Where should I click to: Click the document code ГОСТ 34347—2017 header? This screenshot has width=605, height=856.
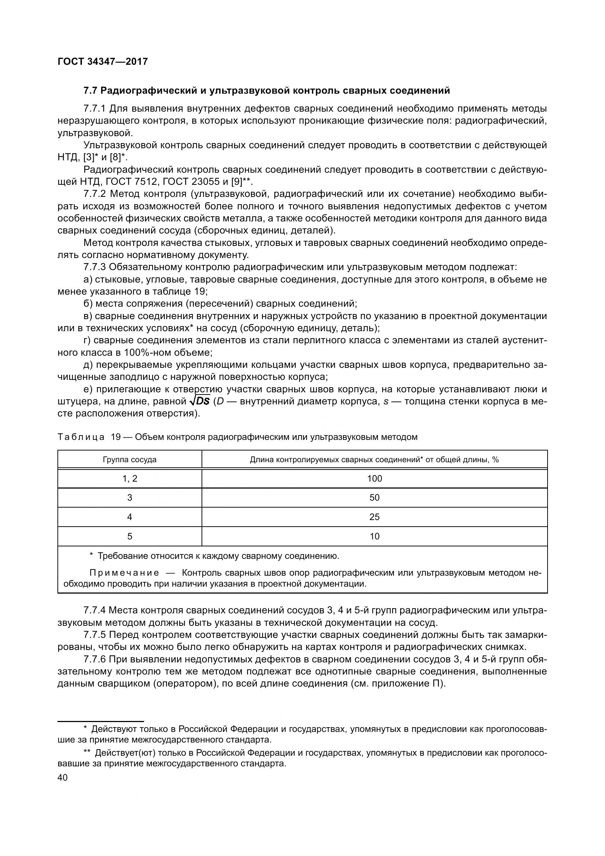pyautogui.click(x=103, y=61)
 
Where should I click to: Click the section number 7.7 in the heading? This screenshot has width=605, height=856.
pyautogui.click(x=90, y=91)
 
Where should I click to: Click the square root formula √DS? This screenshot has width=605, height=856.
pyautogui.click(x=200, y=401)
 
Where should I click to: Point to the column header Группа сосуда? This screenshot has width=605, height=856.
pyautogui.click(x=129, y=460)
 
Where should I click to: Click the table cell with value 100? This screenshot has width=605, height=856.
pyautogui.click(x=375, y=479)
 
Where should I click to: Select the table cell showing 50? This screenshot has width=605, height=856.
pyautogui.click(x=375, y=498)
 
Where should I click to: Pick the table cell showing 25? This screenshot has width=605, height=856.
pyautogui.click(x=375, y=517)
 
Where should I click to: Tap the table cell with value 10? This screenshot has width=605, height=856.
pyautogui.click(x=375, y=537)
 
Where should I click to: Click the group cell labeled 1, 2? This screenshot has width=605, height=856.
pyautogui.click(x=129, y=479)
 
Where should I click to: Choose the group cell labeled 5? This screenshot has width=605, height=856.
pyautogui.click(x=129, y=537)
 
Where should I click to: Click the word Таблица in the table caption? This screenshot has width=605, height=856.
pyautogui.click(x=81, y=437)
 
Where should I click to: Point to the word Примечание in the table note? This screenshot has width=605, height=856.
pyautogui.click(x=124, y=573)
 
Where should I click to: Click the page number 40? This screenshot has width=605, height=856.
pyautogui.click(x=63, y=778)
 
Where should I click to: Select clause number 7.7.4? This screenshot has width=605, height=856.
pyautogui.click(x=95, y=611)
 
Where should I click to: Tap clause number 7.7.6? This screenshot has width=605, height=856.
pyautogui.click(x=95, y=659)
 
